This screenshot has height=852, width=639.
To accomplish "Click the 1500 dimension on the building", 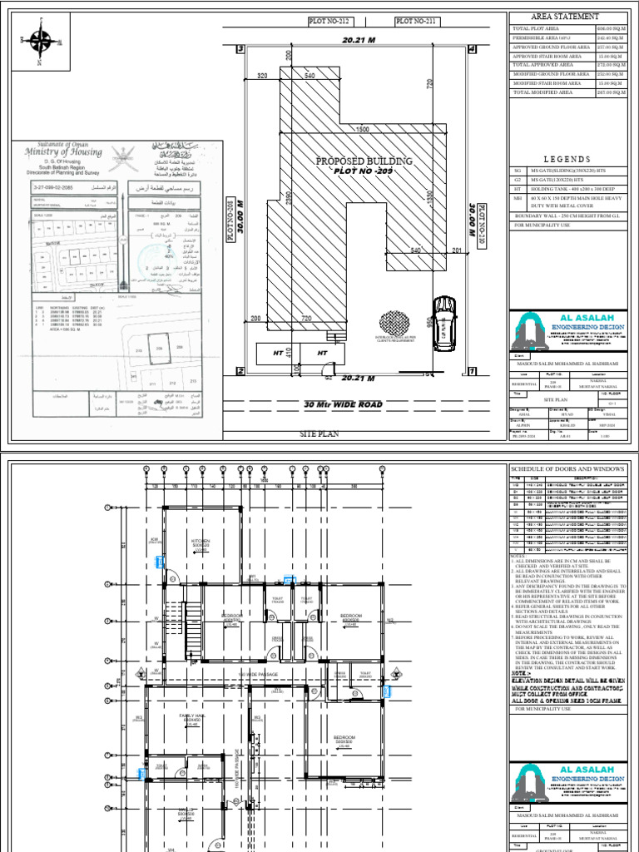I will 363,130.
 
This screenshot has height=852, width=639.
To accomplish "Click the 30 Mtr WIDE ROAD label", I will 344,405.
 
